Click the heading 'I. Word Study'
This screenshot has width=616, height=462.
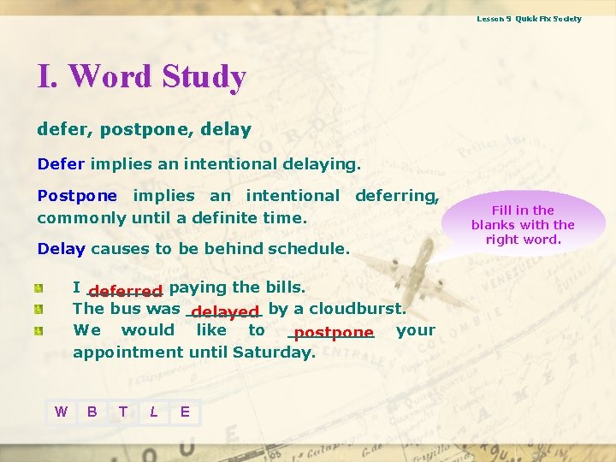[x=141, y=77]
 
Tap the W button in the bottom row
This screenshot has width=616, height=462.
[x=61, y=412]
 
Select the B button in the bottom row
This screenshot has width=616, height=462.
[x=92, y=412]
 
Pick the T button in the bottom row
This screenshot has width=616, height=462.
[x=123, y=412]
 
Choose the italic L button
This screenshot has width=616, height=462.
[x=153, y=412]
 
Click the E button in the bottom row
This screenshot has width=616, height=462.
[x=185, y=412]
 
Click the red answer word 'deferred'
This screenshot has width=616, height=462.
[x=125, y=291]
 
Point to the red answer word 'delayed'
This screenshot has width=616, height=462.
[x=225, y=311]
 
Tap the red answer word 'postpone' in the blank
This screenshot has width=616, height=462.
[x=333, y=333]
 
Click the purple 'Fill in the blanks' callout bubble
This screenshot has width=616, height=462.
[x=523, y=224]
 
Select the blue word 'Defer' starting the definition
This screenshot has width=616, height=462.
[x=61, y=163]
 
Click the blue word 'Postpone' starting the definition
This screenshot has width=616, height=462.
[x=78, y=196]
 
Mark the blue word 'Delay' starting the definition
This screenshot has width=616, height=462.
[x=61, y=249]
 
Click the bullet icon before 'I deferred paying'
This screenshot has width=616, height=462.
[x=39, y=287]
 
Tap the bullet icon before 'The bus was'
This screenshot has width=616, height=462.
[x=39, y=309]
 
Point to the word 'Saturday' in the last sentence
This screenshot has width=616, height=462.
[x=279, y=352]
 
